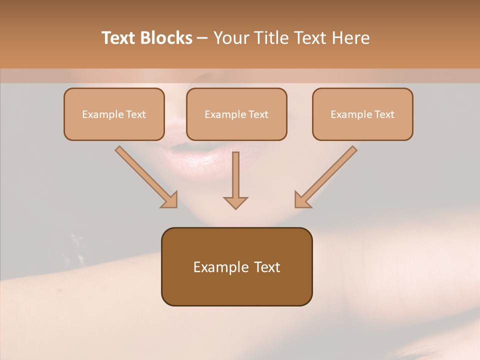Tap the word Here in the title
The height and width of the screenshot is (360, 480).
click(x=350, y=38)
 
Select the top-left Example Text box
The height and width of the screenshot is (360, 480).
click(x=114, y=114)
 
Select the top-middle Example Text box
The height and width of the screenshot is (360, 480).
click(x=236, y=114)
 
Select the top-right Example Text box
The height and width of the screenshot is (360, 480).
click(x=362, y=114)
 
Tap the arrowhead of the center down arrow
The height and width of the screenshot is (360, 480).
click(x=235, y=202)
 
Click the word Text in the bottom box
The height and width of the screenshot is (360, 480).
click(x=267, y=267)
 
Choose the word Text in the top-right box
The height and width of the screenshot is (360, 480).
click(x=384, y=114)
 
